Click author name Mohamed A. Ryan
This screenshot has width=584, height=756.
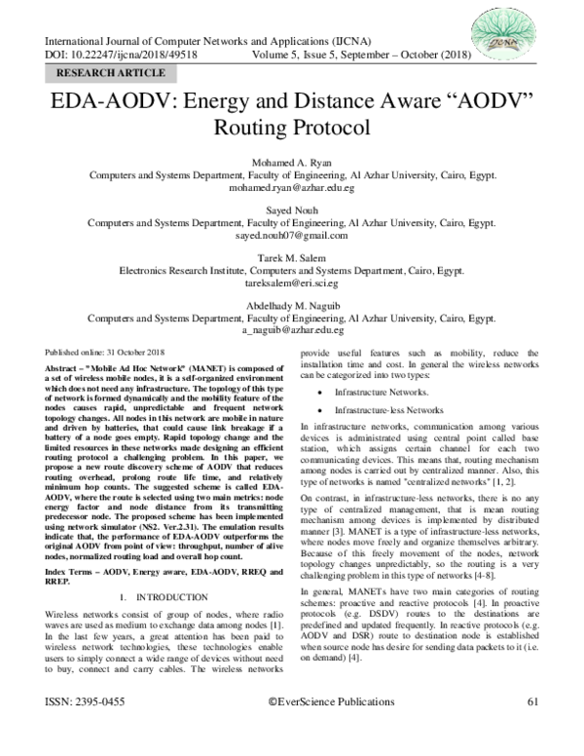pos(293,163)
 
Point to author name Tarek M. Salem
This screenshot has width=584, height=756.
pos(293,256)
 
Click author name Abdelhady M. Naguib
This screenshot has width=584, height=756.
pos(293,303)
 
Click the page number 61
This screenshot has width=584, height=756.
pos(532,728)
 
